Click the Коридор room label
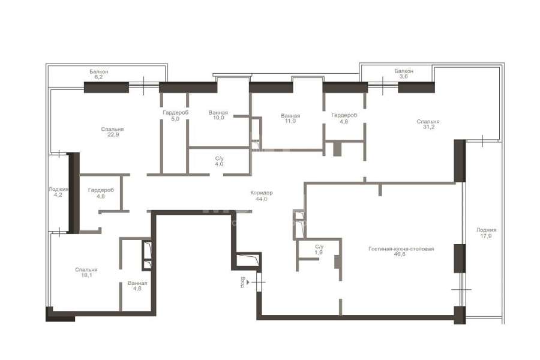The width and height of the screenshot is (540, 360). click(262, 193)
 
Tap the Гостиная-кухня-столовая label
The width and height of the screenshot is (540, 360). click(401, 249)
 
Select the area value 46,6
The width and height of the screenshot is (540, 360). click(400, 254)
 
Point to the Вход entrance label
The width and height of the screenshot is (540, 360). click(243, 282)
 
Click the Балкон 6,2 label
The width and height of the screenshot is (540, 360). click(98, 74)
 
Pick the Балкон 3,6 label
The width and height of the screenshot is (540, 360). click(404, 74)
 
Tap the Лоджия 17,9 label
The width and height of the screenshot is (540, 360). click(486, 233)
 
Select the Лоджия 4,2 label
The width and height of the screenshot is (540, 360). click(58, 192)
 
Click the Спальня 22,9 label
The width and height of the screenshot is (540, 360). click(112, 132)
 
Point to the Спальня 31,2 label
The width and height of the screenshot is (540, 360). click(428, 124)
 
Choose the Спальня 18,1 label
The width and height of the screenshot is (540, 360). click(86, 272)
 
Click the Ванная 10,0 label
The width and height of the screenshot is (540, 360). click(218, 115)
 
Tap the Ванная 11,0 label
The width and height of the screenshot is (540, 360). click(290, 119)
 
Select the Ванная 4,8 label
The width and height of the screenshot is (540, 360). click(137, 286)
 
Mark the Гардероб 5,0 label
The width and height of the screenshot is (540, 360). click(175, 116)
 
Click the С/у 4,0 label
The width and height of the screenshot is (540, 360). click(219, 161)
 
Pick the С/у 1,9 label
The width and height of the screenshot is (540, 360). click(319, 250)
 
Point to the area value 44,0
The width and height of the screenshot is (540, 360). click(262, 199)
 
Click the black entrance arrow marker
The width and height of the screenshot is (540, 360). click(248, 282)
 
